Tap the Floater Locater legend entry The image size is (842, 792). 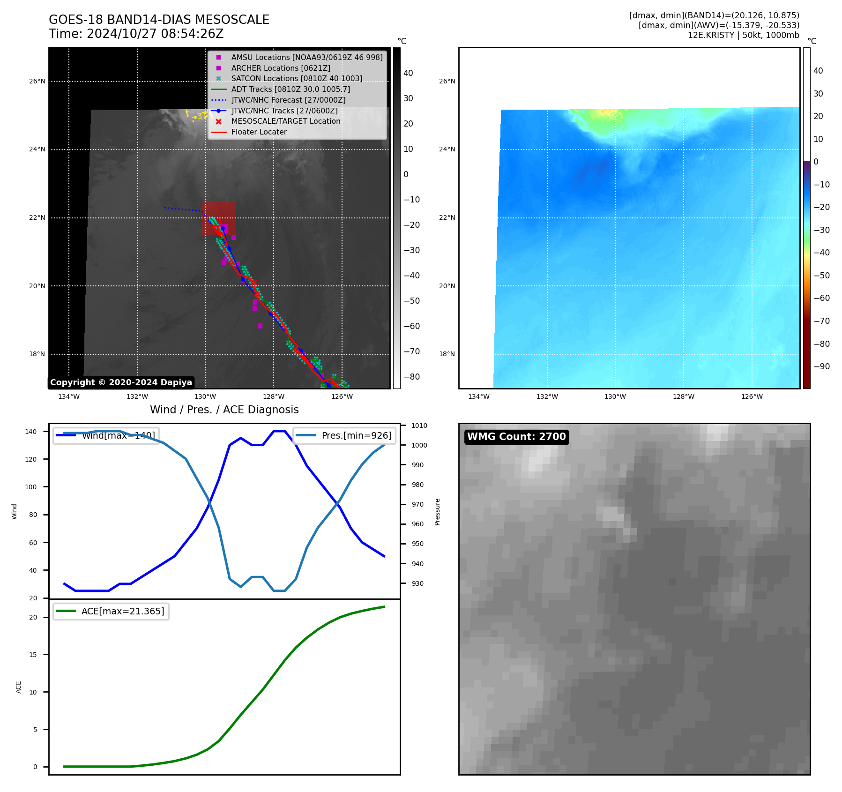click(259, 132)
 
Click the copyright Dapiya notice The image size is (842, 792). click(121, 382)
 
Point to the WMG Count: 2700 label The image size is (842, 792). click(516, 437)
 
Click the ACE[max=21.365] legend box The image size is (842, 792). click(111, 611)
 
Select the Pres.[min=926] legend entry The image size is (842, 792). click(345, 435)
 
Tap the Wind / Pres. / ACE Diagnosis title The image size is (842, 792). click(224, 410)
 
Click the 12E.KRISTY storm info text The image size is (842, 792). click(743, 35)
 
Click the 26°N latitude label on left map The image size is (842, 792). click(37, 82)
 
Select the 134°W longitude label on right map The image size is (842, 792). click(478, 396)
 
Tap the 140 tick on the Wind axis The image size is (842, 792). click(31, 432)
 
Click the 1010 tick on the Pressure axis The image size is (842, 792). click(419, 426)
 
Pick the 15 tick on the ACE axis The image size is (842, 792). click(33, 655)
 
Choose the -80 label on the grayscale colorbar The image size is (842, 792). click(412, 377)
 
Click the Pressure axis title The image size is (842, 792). click(437, 512)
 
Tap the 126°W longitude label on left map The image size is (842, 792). click(342, 396)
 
